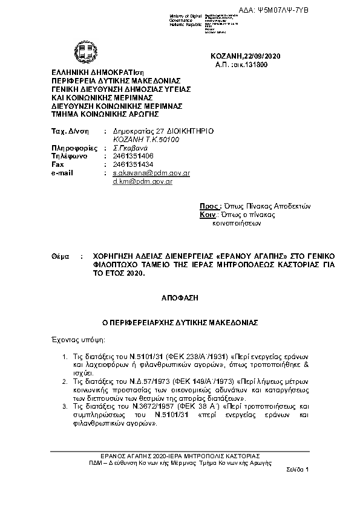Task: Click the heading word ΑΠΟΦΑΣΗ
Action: [x=180, y=299]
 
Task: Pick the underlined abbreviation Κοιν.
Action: [x=208, y=215]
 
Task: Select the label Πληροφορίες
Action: [x=74, y=147]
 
